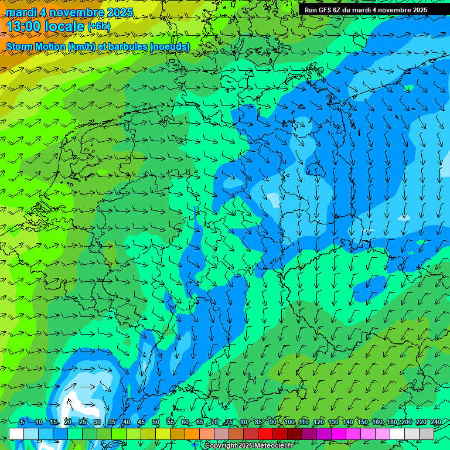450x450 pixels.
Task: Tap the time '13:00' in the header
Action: (x=26, y=26)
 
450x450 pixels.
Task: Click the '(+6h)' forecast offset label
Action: (x=98, y=26)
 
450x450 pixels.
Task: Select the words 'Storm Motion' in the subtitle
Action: (x=35, y=46)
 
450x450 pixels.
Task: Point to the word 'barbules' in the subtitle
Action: (x=128, y=46)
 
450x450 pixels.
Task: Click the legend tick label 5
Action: (x=22, y=422)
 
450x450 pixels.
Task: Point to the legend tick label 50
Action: (x=156, y=422)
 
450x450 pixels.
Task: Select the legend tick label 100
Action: (x=289, y=422)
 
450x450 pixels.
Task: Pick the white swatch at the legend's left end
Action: (x=16, y=434)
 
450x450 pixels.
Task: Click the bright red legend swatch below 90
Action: (x=266, y=434)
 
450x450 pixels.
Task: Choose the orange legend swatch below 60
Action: (x=178, y=434)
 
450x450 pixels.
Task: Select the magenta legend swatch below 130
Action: (x=339, y=434)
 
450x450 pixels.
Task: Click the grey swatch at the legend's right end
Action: (x=427, y=434)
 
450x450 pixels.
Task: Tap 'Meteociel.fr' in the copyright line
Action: (x=272, y=446)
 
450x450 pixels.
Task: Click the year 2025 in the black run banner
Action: (x=416, y=10)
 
